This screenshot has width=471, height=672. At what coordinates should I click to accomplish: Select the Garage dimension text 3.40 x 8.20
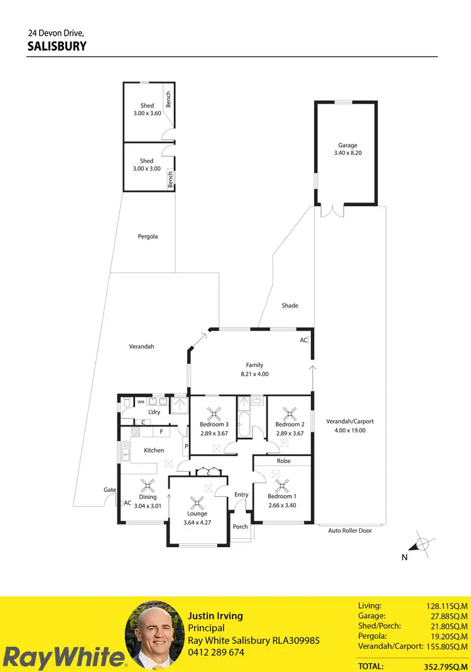[347, 152]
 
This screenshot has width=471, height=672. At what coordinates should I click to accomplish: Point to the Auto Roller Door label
[350, 530]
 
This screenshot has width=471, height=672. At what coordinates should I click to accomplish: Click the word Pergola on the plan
[148, 237]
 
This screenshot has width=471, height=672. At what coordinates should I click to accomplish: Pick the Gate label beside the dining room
[109, 489]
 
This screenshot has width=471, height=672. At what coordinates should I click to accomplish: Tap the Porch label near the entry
[240, 526]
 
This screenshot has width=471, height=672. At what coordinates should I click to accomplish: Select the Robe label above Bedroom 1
[283, 461]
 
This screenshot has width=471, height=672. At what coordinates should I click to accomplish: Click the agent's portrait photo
[153, 635]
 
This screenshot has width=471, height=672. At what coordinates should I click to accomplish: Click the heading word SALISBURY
[57, 46]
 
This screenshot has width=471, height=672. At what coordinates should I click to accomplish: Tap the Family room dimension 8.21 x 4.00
[254, 373]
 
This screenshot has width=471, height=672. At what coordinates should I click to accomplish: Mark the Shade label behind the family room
[290, 306]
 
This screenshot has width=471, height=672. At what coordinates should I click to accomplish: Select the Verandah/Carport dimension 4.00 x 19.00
[350, 430]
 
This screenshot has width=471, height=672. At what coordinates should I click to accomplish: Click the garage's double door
[332, 211]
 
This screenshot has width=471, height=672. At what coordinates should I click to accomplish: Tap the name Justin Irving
[215, 616]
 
